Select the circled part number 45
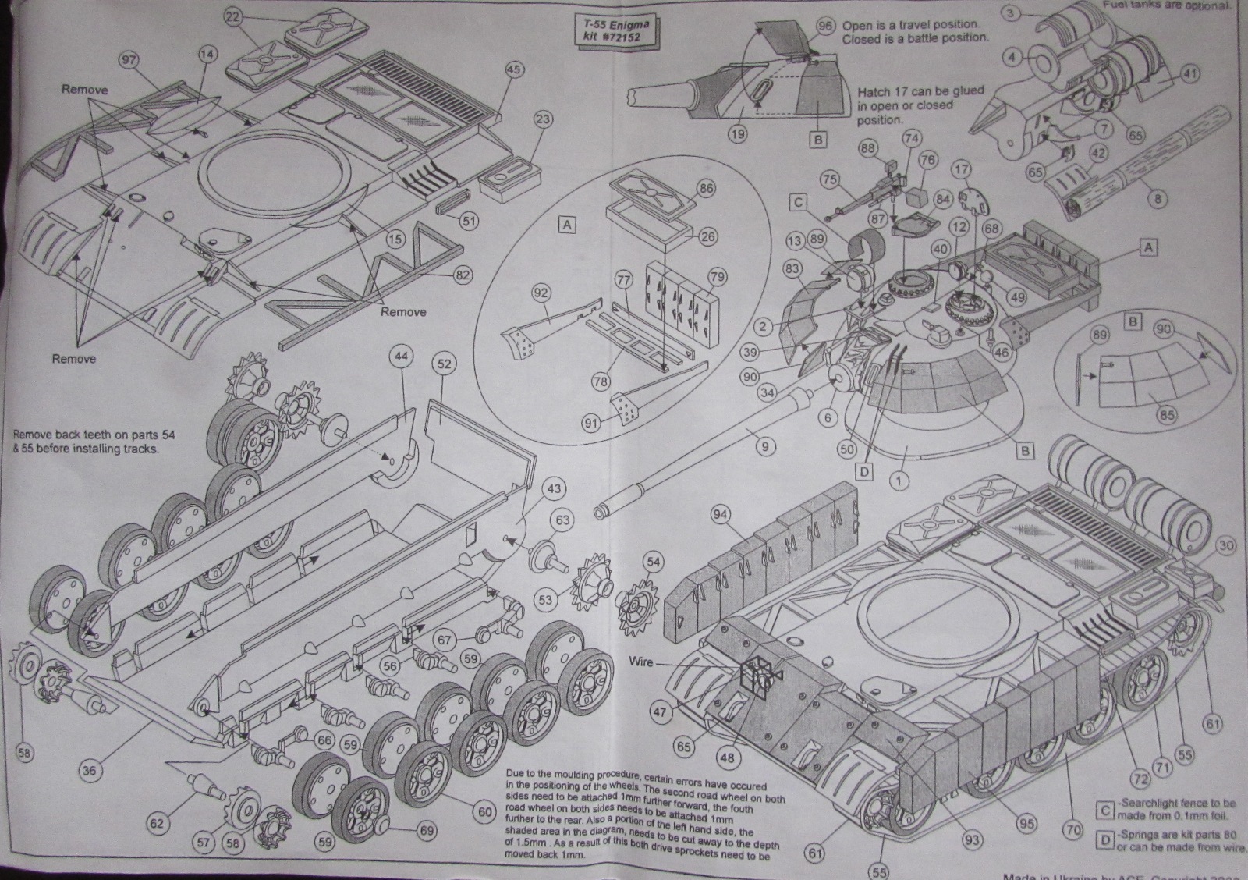tap(512, 70)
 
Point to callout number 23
tap(544, 119)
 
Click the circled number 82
tap(464, 274)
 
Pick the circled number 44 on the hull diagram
tap(401, 357)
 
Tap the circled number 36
tap(90, 770)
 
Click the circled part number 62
tap(158, 822)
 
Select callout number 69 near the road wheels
tap(426, 831)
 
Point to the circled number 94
tap(720, 513)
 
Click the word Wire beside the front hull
tap(643, 662)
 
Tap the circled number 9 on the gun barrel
tap(765, 446)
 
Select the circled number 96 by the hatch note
tap(825, 26)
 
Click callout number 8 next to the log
tap(1158, 199)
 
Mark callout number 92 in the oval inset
tap(541, 293)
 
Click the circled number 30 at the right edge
tap(1225, 546)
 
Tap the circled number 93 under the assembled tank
tap(971, 839)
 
